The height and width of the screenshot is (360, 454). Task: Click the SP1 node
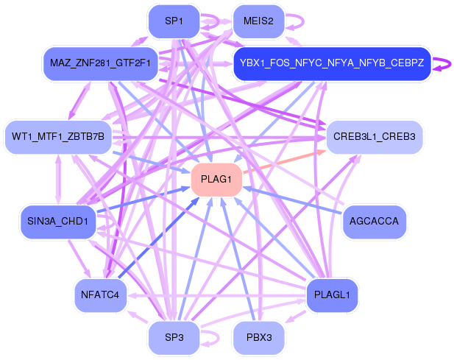[174, 21]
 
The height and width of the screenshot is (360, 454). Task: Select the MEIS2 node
[258, 21]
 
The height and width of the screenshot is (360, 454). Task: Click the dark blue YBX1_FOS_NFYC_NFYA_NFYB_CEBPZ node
[332, 63]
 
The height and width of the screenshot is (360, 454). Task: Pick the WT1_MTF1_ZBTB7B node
[57, 137]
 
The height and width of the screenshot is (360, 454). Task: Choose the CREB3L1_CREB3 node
[374, 137]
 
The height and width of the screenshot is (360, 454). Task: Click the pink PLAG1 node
[216, 180]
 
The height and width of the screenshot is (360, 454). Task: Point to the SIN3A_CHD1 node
[57, 222]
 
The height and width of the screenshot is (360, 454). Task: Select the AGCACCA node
[375, 222]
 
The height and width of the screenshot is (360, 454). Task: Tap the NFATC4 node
[101, 295]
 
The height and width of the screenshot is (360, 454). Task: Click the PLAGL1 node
[332, 295]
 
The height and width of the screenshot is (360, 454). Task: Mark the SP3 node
[174, 338]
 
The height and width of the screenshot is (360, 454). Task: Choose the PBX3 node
[258, 338]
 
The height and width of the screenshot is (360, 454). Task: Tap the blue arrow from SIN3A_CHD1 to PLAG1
[140, 200]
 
